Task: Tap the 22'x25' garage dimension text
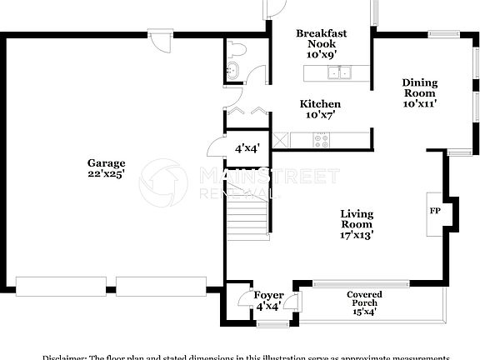click(107, 175)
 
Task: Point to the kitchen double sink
click(339, 73)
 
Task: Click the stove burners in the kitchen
click(322, 140)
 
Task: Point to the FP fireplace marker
click(434, 211)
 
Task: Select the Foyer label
click(268, 296)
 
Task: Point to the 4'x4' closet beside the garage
click(247, 148)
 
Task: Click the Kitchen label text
click(320, 104)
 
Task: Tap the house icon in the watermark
click(163, 183)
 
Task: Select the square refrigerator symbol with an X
click(281, 140)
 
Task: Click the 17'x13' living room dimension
click(356, 235)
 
